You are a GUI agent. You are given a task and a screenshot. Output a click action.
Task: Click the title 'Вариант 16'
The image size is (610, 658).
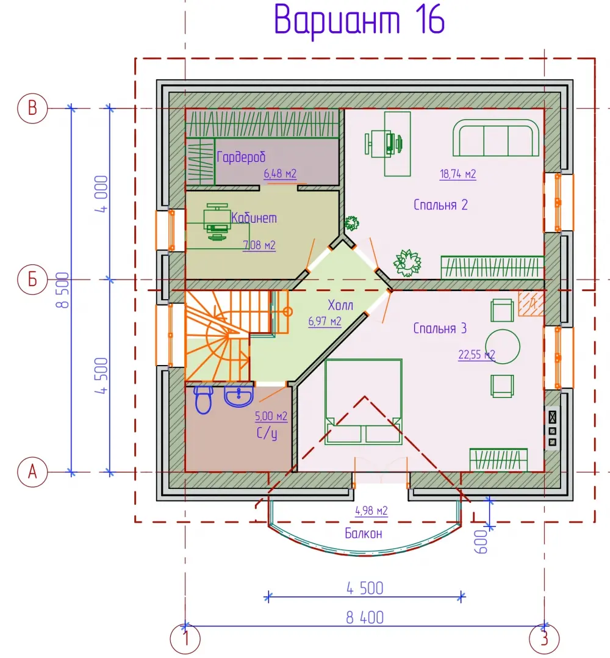click(359, 20)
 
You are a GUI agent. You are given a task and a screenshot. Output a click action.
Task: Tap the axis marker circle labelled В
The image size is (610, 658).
click(32, 108)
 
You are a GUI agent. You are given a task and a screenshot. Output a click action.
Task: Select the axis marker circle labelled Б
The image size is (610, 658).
click(32, 280)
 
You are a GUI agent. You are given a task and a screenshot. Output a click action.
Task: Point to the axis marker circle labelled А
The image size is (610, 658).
click(32, 472)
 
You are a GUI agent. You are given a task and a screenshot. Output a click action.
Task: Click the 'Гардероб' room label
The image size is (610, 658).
click(241, 157)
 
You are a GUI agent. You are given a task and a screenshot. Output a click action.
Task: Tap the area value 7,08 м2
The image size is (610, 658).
click(259, 245)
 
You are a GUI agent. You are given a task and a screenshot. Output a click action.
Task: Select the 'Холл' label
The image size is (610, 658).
click(340, 305)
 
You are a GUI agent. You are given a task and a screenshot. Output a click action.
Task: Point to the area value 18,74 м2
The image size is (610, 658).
click(458, 174)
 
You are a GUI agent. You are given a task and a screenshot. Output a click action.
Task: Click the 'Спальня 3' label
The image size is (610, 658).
click(440, 328)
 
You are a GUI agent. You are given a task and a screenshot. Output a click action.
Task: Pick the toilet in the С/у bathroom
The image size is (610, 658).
click(204, 400)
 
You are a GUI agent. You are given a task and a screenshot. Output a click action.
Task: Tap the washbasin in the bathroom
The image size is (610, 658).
click(239, 397)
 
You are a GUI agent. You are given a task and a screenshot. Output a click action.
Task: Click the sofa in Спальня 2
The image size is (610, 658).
click(495, 138)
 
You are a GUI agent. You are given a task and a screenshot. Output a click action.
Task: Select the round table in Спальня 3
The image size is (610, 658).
click(503, 347)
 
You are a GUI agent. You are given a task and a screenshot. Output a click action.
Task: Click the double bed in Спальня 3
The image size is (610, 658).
click(364, 402)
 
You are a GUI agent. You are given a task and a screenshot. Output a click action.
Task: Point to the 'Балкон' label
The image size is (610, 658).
click(364, 533)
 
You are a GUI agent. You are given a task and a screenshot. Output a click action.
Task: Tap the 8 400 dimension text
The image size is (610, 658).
click(365, 618)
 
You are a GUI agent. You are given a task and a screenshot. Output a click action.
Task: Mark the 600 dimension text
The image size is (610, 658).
click(481, 542)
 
